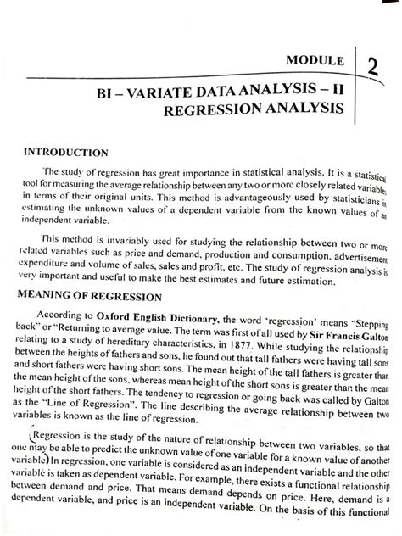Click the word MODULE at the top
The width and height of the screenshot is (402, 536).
click(x=314, y=62)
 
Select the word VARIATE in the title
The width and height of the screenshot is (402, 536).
click(x=170, y=88)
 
